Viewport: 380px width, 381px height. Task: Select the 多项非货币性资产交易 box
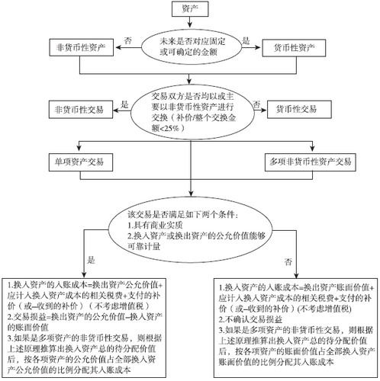tap(311, 162)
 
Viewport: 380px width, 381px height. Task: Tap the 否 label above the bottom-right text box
tap(288, 261)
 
